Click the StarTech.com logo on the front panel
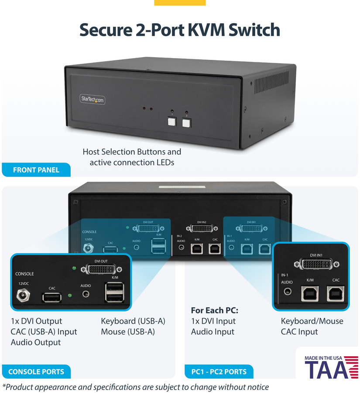93,100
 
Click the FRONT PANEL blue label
36,170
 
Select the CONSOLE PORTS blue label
36,372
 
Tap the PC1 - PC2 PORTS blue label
219,372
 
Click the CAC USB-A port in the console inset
52,298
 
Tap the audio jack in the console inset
86,294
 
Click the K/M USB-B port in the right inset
310,293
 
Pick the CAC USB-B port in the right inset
336,293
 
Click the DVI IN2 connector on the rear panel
201,228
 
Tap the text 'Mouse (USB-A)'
128,332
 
